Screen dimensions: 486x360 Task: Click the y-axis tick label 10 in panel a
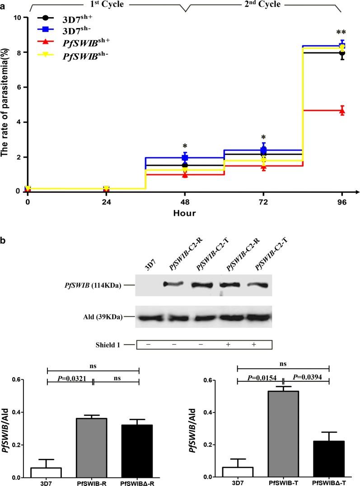tap(18, 18)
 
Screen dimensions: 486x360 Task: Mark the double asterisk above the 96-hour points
tap(342, 33)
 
